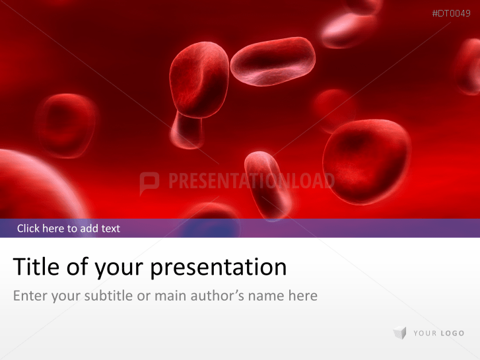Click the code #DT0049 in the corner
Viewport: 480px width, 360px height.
pos(451,13)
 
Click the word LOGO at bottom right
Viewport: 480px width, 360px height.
pos(451,334)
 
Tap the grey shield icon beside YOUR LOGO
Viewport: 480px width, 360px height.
pos(399,334)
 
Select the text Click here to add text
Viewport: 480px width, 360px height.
pos(69,229)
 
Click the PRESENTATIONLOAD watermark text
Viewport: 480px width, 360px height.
pos(251,181)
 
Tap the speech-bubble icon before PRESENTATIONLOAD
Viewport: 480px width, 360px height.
pos(149,182)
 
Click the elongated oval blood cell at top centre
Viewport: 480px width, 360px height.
pos(273,61)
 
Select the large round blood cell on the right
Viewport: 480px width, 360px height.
pos(366,161)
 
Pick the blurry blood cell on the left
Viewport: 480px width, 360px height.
pos(65,124)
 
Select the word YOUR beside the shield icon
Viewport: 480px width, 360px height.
pos(424,334)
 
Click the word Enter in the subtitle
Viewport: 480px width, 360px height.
pos(30,295)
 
